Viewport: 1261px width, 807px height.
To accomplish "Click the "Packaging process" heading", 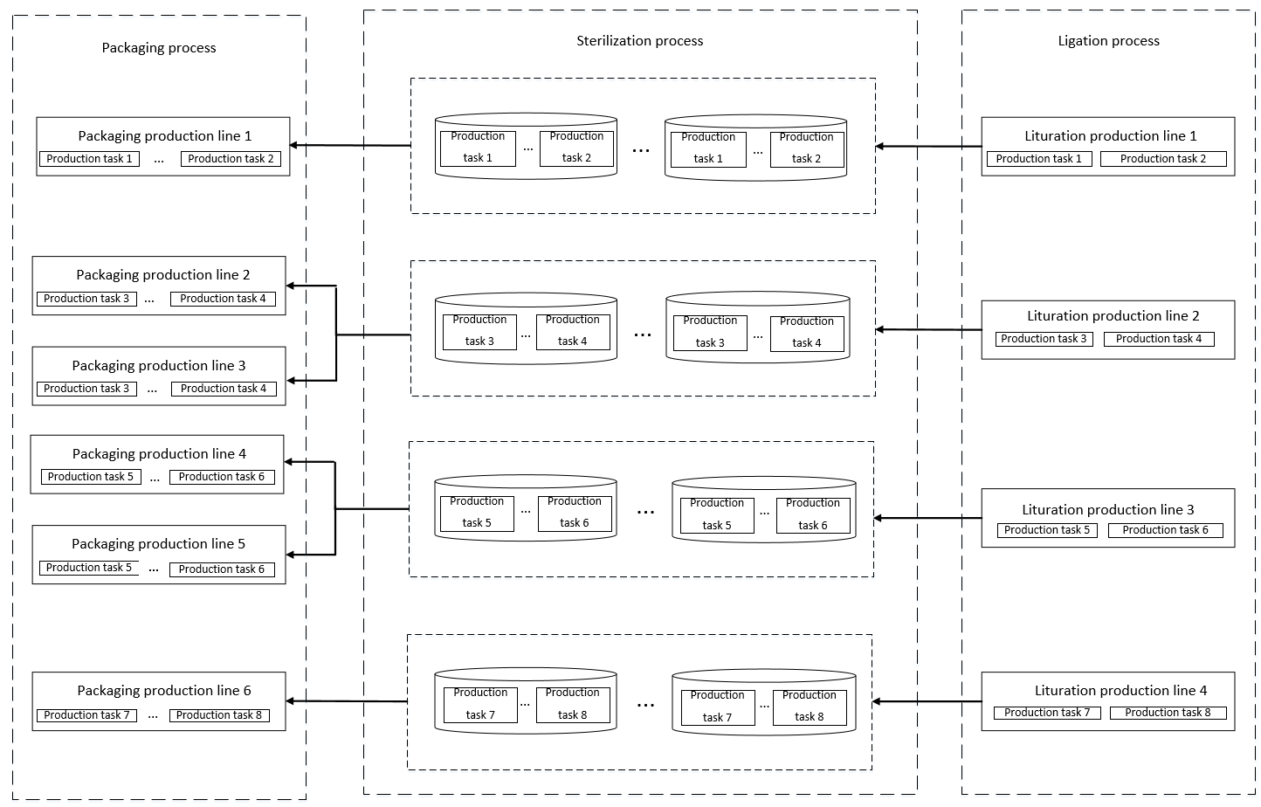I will (159, 48).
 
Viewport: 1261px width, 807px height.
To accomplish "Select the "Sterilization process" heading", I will (639, 41).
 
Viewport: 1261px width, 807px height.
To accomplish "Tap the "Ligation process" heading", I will (1108, 41).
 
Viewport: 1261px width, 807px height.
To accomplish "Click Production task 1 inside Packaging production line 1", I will (89, 159).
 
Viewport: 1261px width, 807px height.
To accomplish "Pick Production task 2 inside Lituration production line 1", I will (1162, 159).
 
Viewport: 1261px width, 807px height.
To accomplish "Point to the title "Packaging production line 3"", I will (159, 366).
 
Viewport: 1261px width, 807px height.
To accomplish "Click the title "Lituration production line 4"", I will (1120, 691).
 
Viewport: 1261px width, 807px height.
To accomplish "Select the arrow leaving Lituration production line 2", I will (928, 329).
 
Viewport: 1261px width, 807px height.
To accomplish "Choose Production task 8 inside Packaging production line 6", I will (219, 715).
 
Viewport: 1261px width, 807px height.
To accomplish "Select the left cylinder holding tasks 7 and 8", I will (526, 701).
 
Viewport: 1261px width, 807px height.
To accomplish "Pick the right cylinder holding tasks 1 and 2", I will (755, 148).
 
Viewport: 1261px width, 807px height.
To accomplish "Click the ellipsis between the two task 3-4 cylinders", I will (642, 333).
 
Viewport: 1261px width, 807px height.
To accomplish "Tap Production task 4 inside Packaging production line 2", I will (223, 299).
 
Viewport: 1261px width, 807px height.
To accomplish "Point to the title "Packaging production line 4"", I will (159, 454).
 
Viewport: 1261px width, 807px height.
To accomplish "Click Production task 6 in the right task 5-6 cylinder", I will (812, 514).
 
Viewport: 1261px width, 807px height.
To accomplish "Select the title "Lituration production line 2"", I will (1113, 316).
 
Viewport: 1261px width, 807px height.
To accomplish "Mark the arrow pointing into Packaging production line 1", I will (349, 145).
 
